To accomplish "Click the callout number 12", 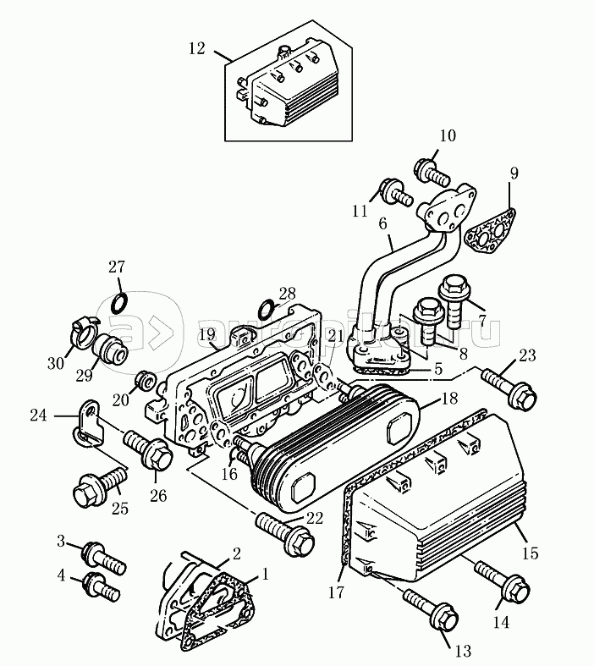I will pos(196,48).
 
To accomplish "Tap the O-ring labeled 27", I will pos(120,302).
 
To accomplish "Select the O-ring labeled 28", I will pos(264,306).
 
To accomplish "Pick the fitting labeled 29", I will pos(112,349).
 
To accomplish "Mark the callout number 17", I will pos(336,593).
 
